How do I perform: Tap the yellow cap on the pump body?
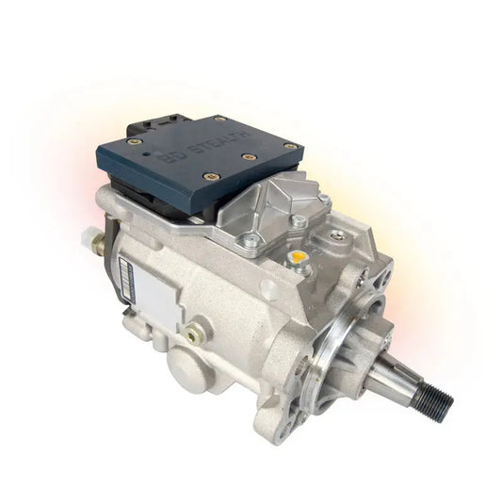(298, 257)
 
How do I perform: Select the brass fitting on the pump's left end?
(98, 242)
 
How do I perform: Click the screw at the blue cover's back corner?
(220, 119)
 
